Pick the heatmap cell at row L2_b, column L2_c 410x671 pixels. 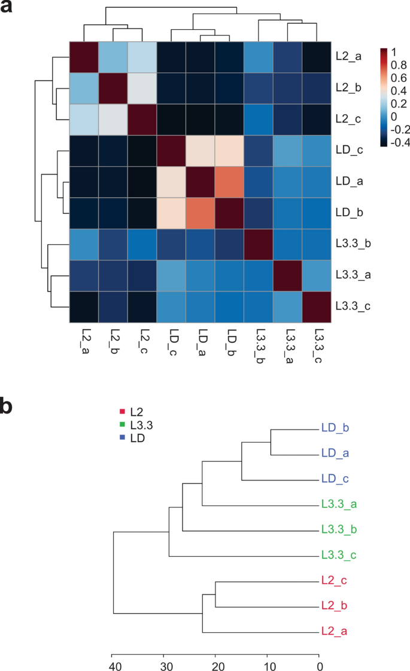[x=142, y=88]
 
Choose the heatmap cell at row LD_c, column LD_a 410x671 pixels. [x=201, y=151]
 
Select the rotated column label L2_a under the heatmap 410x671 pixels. [x=83, y=340]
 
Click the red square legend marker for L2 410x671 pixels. [x=122, y=411]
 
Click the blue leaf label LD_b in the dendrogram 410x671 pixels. [x=335, y=428]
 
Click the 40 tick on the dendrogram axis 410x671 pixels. [x=112, y=663]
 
